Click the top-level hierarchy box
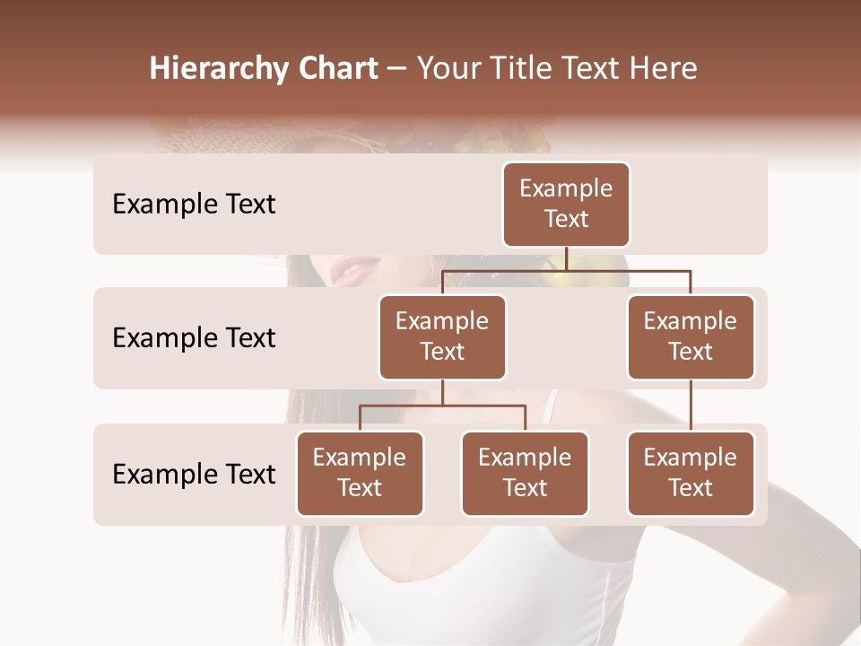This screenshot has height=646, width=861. (566, 205)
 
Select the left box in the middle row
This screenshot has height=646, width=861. (442, 337)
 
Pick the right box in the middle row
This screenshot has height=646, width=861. (691, 337)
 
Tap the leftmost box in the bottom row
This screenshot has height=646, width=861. (360, 474)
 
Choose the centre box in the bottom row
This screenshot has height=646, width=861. (525, 474)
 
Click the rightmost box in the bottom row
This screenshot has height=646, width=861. (691, 474)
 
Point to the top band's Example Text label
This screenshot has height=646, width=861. (194, 205)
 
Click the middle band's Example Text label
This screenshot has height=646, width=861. (194, 338)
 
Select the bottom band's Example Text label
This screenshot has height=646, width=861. (194, 475)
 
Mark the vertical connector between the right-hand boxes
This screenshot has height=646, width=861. (691, 406)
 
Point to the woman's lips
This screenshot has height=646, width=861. (358, 267)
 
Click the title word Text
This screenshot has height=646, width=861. (589, 69)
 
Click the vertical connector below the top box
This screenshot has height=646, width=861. (566, 258)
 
